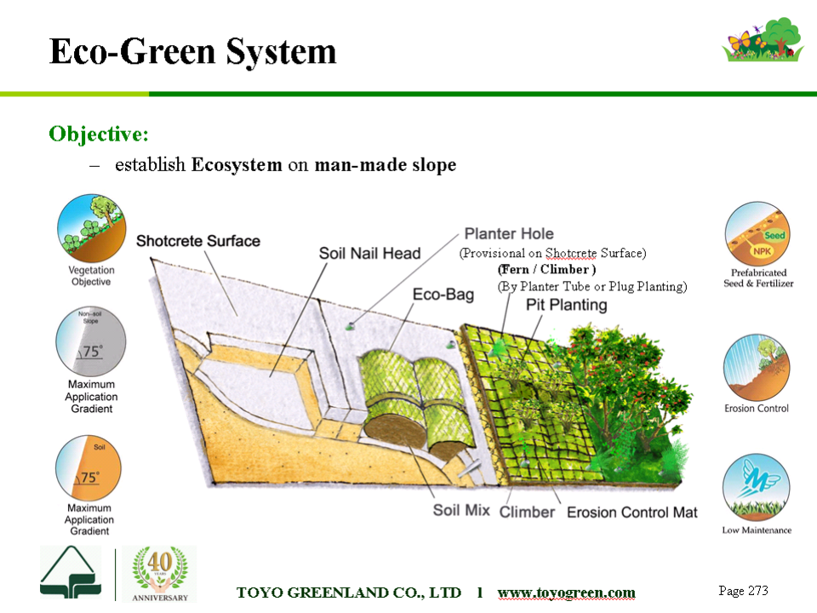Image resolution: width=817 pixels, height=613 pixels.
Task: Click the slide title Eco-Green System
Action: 193,52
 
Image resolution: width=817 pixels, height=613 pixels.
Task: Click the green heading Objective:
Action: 99,135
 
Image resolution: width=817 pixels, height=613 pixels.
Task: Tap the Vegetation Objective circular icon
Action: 91,228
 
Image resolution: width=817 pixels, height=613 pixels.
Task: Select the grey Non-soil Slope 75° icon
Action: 91,341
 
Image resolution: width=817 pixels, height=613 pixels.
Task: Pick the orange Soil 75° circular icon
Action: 89,468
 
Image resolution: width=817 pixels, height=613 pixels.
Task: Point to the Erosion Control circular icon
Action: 757,368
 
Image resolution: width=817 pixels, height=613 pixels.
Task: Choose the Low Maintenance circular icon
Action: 756,487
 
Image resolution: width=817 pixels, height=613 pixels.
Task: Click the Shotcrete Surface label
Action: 198,241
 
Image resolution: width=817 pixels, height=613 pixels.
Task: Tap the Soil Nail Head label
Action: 369,254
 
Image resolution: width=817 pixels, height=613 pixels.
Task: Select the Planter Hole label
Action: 509,233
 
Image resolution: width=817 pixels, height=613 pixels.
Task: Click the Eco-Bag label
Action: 443,295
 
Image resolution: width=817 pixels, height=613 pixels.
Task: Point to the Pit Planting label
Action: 567,305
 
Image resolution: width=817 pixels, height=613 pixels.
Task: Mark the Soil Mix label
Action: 461,510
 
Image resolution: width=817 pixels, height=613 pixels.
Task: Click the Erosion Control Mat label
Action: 632,513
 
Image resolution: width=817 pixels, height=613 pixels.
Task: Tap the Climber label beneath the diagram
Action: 527,513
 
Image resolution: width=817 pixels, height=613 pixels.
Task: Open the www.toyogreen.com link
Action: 567,593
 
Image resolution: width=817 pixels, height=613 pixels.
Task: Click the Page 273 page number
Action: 743,591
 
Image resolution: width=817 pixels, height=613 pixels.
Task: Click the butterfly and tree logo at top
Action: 763,40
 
